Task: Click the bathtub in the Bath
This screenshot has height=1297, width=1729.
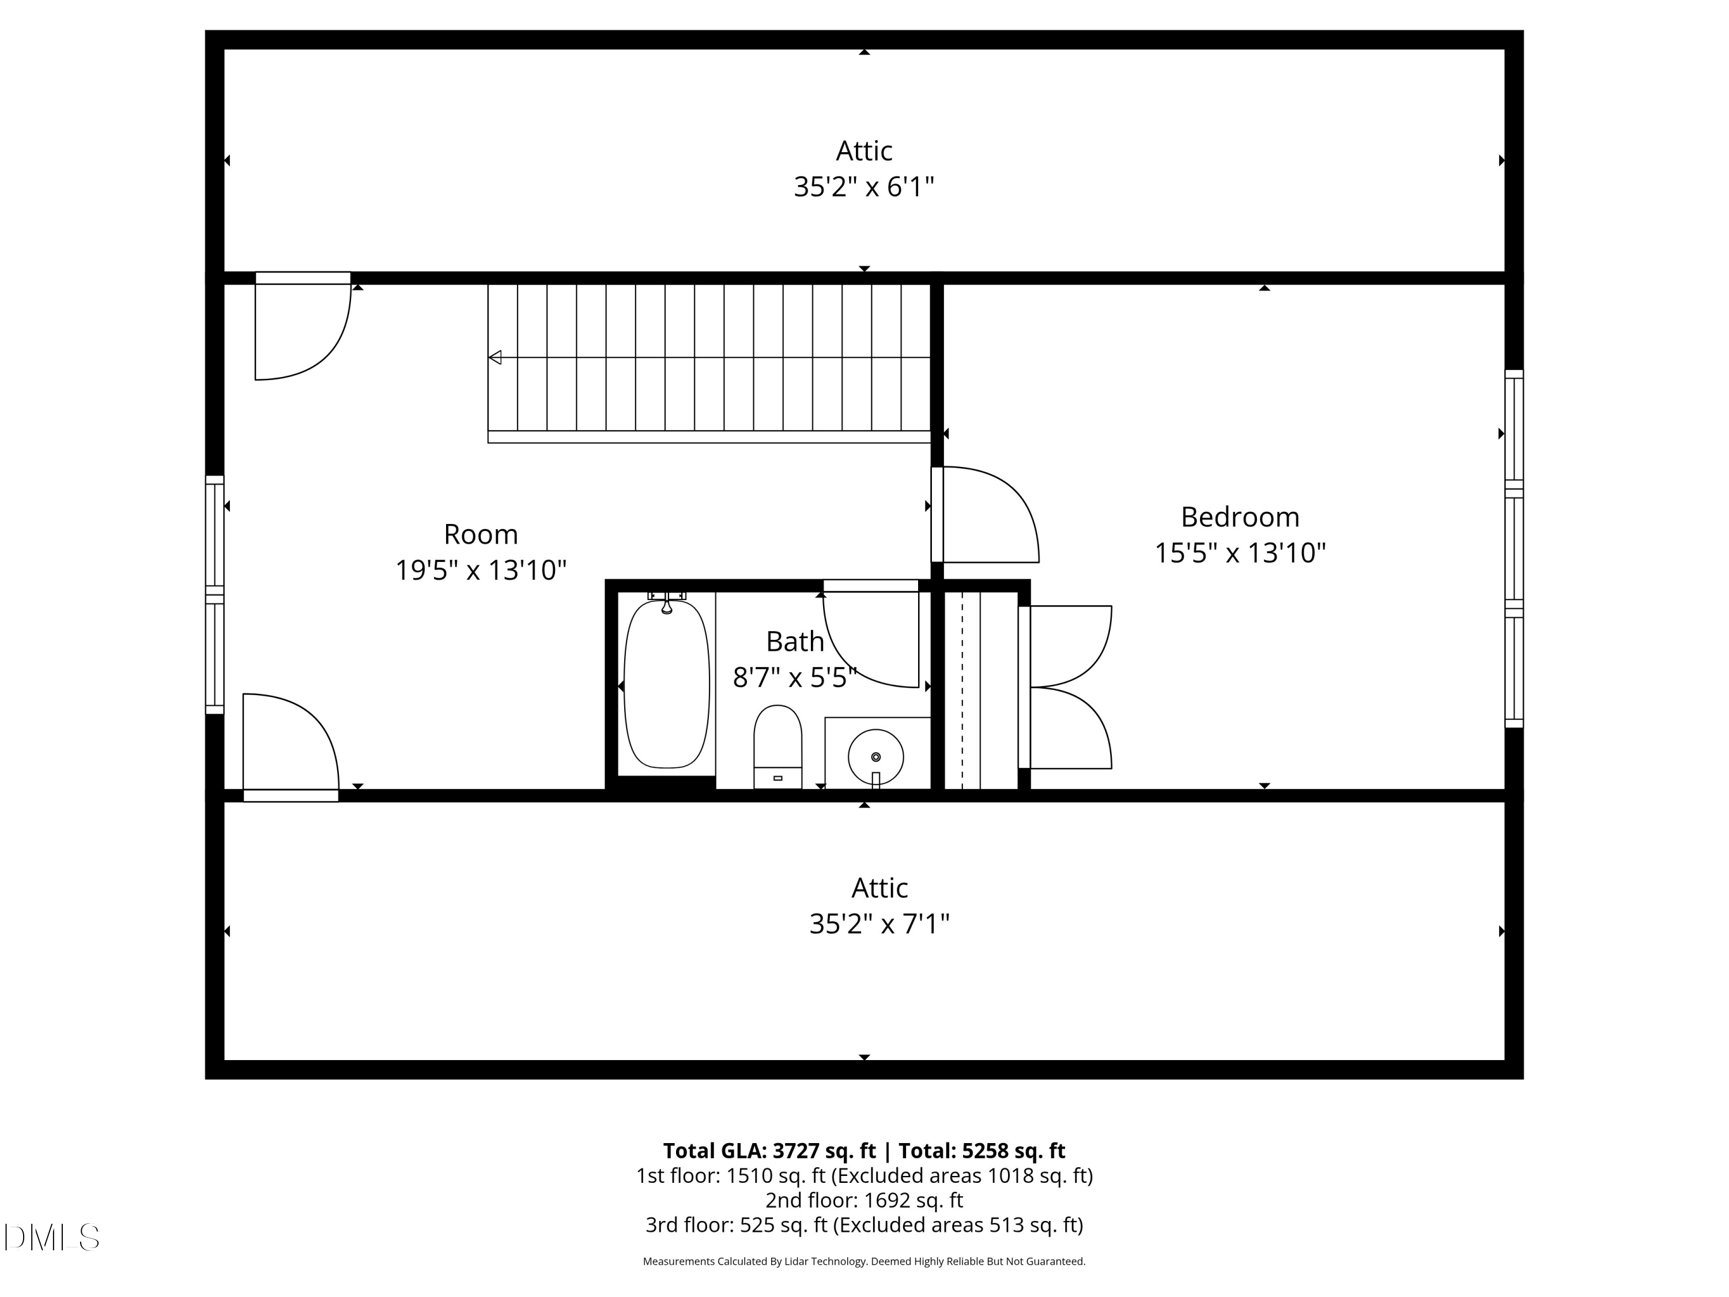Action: coord(667,685)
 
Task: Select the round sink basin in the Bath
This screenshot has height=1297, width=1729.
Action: coord(875,757)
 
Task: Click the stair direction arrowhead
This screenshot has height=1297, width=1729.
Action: coord(494,357)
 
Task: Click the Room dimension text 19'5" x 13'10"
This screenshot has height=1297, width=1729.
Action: coord(481,570)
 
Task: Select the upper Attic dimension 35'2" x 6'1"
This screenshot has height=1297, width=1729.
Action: coord(864,187)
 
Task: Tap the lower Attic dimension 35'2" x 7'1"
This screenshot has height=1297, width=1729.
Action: coord(879,924)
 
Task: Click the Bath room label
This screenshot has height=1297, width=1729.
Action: coord(795,641)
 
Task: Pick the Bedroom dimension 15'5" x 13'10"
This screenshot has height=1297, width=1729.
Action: coord(1240,553)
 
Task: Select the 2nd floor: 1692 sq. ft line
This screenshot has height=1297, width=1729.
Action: coord(864,1200)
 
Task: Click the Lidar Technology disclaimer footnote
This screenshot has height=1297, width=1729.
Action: coord(864,1261)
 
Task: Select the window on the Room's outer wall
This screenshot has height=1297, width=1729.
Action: coord(214,595)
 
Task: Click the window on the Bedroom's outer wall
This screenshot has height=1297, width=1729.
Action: coord(1514,549)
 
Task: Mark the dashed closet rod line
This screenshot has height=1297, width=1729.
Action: coord(962,691)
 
